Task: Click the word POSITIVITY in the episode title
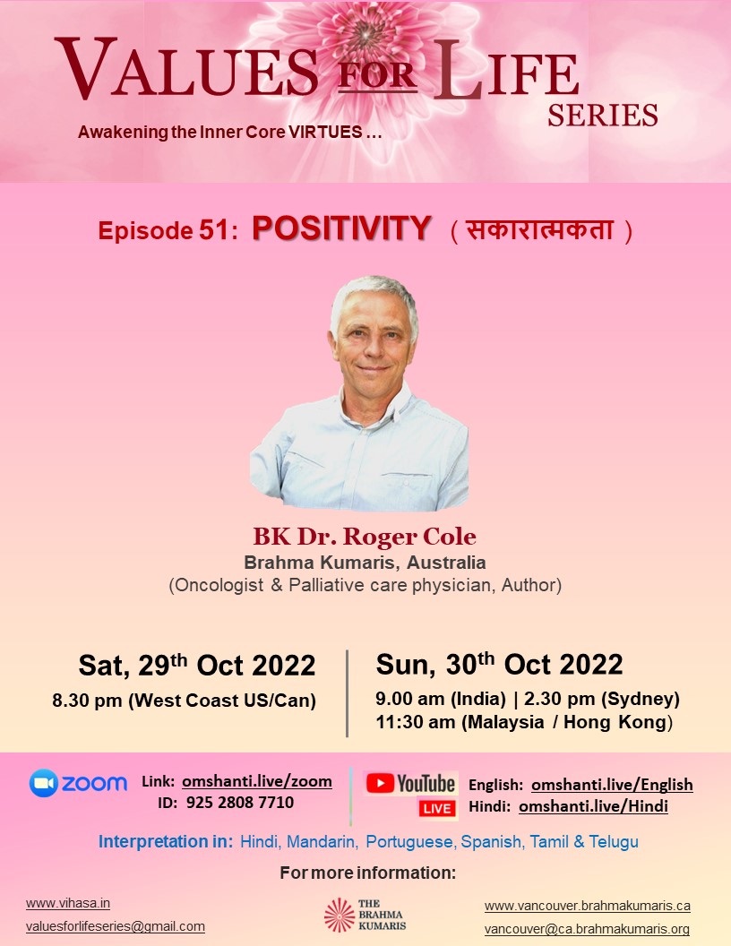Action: tap(341, 228)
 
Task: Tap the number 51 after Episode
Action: tap(213, 230)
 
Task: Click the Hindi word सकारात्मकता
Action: tap(540, 230)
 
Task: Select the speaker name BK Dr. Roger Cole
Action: tap(365, 537)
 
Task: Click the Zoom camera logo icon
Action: tap(43, 783)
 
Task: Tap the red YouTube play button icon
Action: tap(380, 783)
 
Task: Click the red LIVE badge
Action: tap(437, 808)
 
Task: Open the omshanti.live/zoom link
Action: tap(257, 781)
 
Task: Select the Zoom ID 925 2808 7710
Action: tap(240, 803)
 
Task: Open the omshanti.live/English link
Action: tap(612, 785)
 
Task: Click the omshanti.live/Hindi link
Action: tap(593, 806)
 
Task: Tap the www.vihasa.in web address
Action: tap(67, 903)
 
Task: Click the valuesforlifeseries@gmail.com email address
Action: tap(116, 926)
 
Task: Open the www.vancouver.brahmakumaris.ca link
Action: tap(588, 906)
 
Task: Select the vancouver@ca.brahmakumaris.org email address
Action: tap(587, 929)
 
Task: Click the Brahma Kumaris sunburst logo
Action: tap(340, 915)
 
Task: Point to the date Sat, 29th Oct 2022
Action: tap(196, 665)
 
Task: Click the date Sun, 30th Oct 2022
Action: tap(499, 664)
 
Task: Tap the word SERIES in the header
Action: tap(603, 116)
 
